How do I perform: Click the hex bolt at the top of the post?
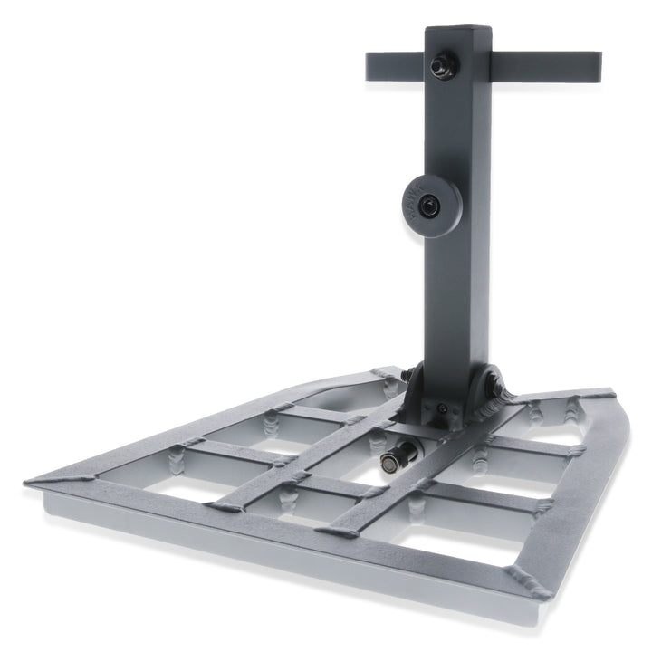[441, 64]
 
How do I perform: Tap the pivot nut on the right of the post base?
[496, 388]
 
